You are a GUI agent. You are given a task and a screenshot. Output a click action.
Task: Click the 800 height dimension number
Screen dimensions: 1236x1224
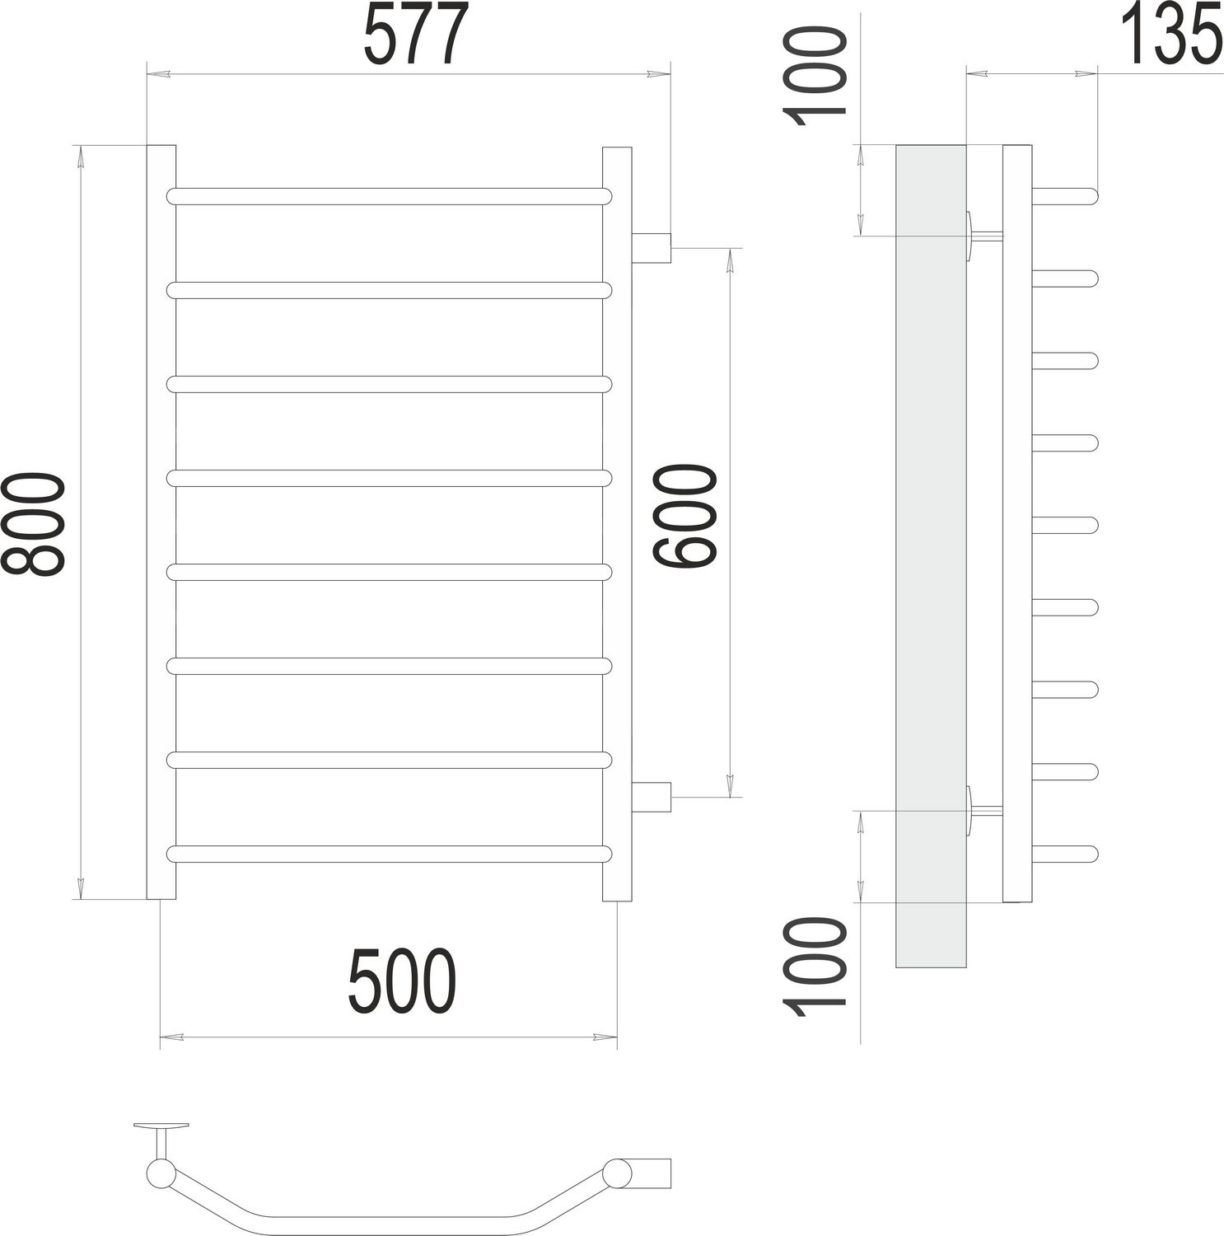[x=33, y=523]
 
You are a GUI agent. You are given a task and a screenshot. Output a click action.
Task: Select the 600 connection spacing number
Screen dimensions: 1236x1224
[x=685, y=517]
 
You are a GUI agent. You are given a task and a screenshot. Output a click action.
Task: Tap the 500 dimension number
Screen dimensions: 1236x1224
[x=402, y=982]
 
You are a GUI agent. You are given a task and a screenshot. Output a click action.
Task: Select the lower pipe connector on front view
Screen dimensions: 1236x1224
[x=652, y=797]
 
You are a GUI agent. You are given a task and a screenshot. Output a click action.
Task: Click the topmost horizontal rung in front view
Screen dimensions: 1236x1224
[x=389, y=196]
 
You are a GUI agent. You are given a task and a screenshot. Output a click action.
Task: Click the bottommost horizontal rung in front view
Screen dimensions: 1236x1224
[x=389, y=854]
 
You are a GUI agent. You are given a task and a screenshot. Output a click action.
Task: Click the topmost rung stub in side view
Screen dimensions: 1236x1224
[x=1064, y=196]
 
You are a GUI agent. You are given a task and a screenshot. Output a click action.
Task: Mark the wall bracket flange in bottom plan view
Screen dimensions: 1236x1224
[x=161, y=1126]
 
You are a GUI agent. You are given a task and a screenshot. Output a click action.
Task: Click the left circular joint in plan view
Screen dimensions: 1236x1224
[x=158, y=1173]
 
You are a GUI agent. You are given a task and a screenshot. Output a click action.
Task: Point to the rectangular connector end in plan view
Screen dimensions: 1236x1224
[x=652, y=1170]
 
